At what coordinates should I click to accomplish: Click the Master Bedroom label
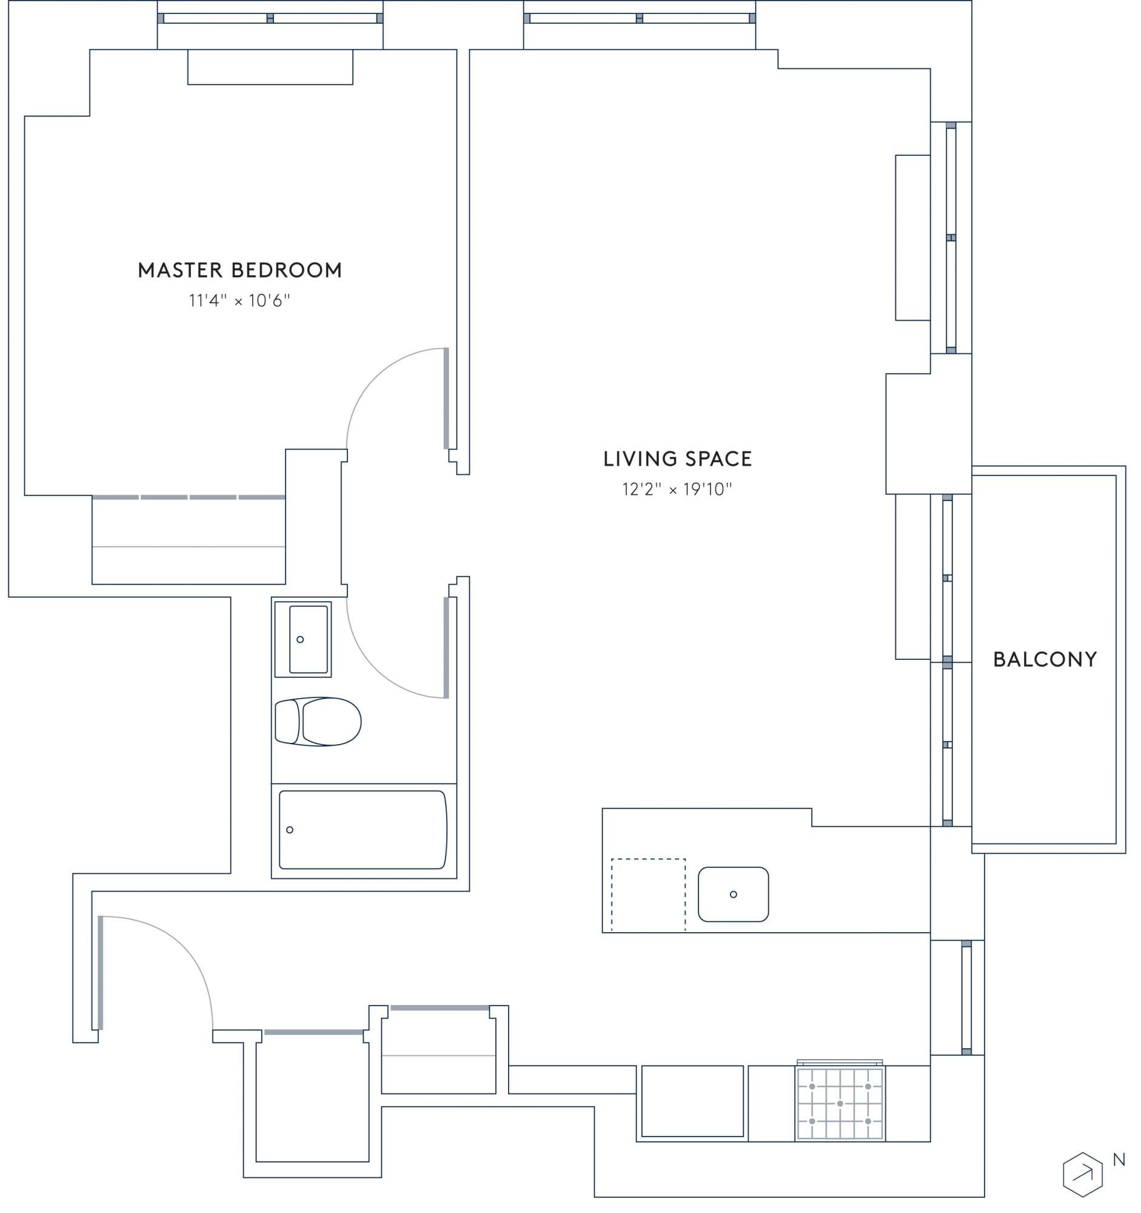(239, 270)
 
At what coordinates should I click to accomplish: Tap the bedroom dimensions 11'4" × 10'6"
(239, 301)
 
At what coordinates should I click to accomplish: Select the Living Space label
(678, 459)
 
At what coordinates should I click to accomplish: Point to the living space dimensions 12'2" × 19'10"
(677, 489)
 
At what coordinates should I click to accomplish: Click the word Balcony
(1045, 660)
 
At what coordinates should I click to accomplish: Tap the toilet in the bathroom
(318, 722)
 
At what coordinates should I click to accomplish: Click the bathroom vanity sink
(303, 639)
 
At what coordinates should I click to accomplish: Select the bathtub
(363, 830)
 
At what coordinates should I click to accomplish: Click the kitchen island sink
(733, 895)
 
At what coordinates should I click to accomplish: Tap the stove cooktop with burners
(840, 1104)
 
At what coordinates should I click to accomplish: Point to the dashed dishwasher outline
(648, 895)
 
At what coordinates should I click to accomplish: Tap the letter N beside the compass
(1119, 1160)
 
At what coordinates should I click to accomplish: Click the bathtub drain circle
(290, 830)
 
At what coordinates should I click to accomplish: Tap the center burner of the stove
(840, 1104)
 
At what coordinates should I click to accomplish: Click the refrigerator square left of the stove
(692, 1101)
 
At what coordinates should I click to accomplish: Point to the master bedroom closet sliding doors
(189, 497)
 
